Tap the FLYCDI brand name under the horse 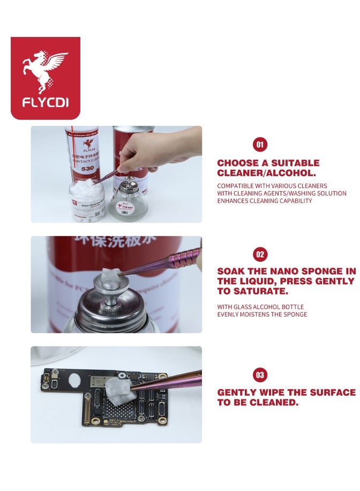[x=45, y=102]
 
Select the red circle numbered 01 [x=260, y=145]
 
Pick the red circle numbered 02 [x=260, y=254]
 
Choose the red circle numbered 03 [x=260, y=375]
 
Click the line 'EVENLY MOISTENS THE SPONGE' [x=262, y=314]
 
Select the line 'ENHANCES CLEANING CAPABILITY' [x=264, y=201]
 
